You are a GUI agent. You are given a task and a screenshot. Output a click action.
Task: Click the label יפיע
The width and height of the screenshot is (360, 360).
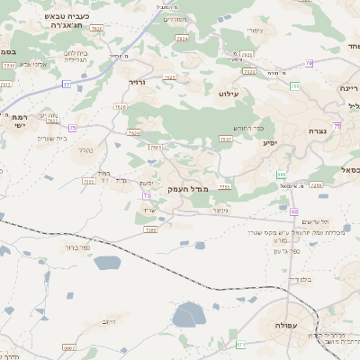(269, 142)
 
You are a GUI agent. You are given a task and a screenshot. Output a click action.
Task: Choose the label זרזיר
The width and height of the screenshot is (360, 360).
(137, 82)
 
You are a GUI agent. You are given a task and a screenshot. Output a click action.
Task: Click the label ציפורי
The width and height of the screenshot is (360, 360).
(255, 31)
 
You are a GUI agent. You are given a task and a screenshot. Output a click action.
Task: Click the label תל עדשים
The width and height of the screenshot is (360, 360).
(312, 221)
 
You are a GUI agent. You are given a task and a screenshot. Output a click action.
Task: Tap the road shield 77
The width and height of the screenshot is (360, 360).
(66, 84)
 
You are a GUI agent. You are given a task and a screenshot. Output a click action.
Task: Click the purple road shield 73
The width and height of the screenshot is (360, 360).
(146, 195)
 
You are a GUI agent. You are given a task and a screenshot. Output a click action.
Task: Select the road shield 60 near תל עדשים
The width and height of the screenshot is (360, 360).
(294, 211)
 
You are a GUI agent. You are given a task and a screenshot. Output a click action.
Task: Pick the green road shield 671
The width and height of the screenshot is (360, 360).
(240, 345)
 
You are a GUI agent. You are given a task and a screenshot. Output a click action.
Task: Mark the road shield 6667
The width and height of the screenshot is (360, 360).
(69, 346)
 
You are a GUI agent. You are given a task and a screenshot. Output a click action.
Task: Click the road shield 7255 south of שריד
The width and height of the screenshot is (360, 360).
(150, 230)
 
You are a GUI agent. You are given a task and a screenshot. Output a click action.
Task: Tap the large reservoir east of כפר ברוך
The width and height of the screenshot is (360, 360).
(106, 264)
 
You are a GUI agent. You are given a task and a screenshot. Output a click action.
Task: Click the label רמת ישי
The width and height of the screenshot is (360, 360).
(20, 121)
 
